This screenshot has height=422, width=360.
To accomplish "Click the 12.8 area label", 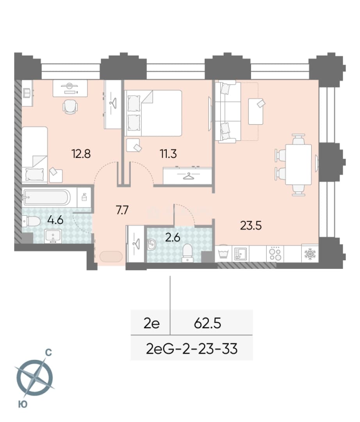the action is [81, 154].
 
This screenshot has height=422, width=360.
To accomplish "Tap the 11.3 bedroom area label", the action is [168, 154].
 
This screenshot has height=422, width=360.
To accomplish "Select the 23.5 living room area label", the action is [251, 225].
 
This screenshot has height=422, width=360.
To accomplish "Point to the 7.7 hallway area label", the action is [122, 210].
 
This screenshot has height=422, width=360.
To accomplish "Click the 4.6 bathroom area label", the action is [55, 220].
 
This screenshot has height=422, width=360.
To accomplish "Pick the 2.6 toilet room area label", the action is [173, 238].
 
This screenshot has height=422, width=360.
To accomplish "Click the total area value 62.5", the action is [208, 323].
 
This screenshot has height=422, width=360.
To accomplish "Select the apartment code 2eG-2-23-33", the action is [192, 349].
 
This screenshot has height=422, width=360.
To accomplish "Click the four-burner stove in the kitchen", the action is [275, 253].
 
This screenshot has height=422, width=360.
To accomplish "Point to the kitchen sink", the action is [241, 254].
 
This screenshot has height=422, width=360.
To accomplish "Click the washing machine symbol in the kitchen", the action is [224, 253].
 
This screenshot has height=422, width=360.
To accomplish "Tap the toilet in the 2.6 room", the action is [187, 253].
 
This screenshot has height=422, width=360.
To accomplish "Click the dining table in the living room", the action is [298, 165].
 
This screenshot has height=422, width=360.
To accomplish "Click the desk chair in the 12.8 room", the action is [70, 107].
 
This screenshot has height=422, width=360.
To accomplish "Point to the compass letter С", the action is [48, 352].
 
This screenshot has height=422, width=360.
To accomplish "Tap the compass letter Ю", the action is [23, 404].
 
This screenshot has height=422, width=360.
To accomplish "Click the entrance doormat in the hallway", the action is [111, 256].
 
